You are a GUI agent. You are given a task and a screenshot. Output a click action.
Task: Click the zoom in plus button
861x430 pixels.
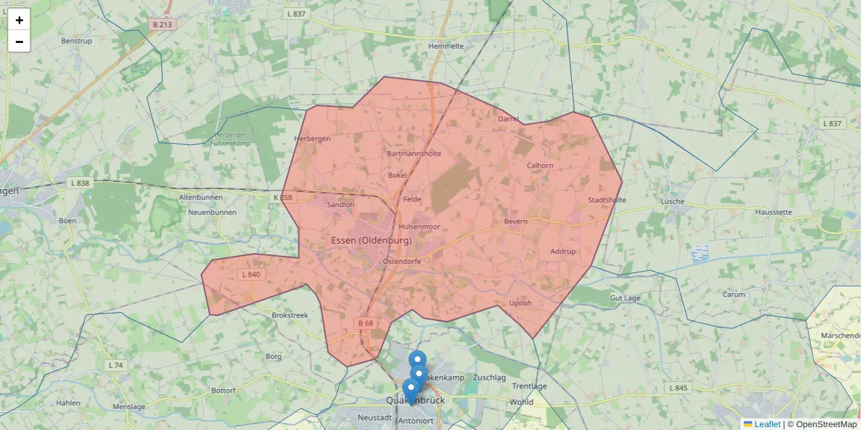point(19,20)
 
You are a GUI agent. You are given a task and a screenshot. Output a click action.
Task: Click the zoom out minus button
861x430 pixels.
point(19,42)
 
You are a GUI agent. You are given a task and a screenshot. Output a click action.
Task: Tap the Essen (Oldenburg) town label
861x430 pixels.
point(372,240)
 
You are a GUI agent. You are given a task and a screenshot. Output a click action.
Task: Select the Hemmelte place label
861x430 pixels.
point(446,46)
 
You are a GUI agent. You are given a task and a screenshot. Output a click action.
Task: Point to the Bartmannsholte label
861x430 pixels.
point(414,153)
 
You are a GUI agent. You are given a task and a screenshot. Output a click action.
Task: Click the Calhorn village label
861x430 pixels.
point(540,166)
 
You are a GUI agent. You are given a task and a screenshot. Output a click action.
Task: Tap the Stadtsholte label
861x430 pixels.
point(607,200)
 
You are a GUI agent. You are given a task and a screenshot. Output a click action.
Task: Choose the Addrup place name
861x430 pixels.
point(563,252)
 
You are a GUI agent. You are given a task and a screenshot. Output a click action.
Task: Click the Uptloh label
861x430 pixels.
point(520,303)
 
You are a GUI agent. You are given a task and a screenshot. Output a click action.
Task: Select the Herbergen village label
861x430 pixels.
point(313,139)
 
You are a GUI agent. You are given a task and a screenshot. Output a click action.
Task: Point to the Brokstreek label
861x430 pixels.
point(290,315)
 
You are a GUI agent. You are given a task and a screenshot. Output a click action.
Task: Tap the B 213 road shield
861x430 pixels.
point(163,24)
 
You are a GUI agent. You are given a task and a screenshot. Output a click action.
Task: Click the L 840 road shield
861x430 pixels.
point(251,274)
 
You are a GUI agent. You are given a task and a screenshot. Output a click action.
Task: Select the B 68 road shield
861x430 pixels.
point(365,323)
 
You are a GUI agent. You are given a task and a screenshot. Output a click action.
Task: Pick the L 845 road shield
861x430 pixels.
point(678,388)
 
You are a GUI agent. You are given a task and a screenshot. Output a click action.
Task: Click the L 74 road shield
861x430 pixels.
point(116,365)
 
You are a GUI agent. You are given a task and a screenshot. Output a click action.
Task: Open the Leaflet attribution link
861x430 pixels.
point(766,424)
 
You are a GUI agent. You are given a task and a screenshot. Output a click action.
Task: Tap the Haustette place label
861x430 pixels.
point(773,213)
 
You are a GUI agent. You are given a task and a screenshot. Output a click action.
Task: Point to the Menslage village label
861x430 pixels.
point(129,406)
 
